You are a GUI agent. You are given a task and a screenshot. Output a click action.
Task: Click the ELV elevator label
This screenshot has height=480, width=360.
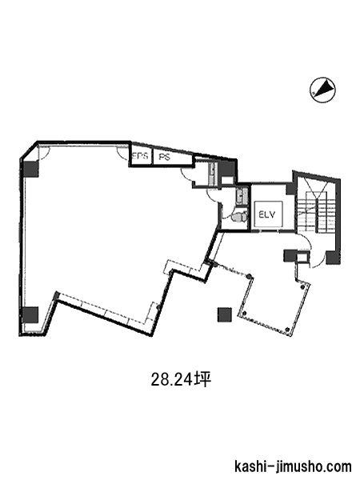click(267, 214)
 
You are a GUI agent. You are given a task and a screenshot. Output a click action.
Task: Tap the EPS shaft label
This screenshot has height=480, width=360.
click(140, 156)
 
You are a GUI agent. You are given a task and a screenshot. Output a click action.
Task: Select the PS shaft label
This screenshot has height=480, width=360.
click(164, 157)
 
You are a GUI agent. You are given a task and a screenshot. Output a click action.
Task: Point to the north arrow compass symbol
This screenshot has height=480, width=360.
click(322, 90)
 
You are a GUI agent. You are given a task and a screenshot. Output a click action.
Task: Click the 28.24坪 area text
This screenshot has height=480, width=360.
click(182, 380)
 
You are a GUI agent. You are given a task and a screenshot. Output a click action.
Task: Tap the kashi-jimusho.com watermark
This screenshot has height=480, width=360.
click(293, 467)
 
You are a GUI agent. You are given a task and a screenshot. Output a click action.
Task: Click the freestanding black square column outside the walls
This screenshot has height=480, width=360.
click(224, 314)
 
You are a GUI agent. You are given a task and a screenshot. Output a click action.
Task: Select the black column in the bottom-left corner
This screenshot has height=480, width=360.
click(30, 315)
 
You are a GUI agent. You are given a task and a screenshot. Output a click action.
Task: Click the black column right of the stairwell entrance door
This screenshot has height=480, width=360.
click(333, 258)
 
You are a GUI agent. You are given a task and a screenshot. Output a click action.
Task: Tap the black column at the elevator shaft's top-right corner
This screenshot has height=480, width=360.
click(290, 188)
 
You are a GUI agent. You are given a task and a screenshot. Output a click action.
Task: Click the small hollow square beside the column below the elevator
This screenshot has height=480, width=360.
click(303, 256)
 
